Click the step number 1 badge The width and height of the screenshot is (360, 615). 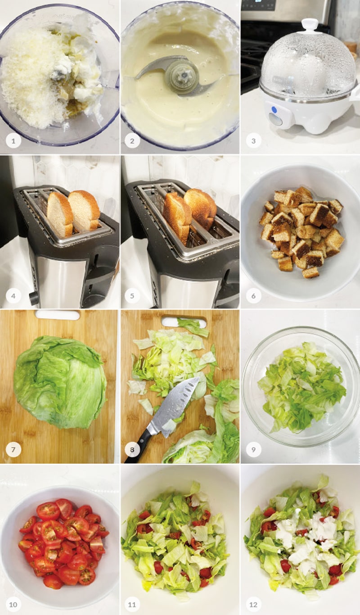point(13,141)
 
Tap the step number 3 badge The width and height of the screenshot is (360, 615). point(253,141)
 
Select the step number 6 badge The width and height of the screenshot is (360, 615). point(253,296)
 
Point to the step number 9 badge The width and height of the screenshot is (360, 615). point(253,450)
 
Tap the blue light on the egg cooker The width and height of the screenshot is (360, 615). point(273,109)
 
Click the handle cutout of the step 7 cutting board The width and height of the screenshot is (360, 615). point(58,315)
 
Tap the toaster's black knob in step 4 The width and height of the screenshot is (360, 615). point(34,298)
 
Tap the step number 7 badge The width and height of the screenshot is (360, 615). point(13,450)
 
